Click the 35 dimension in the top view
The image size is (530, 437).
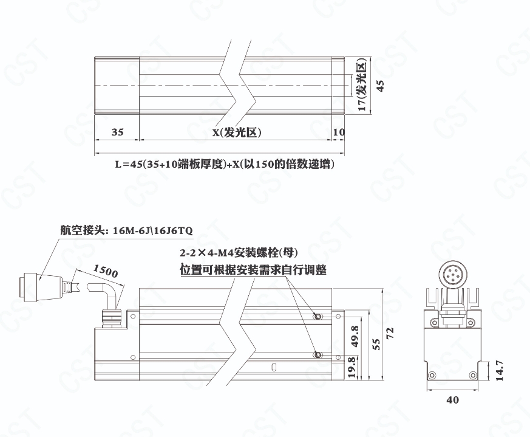(x=117, y=132)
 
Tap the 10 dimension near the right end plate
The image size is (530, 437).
(x=339, y=132)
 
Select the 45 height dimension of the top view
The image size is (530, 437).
(x=380, y=86)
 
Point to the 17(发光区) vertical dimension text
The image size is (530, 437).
(x=362, y=85)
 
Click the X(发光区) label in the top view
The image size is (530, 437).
(x=237, y=132)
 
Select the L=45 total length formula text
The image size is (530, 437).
(x=225, y=164)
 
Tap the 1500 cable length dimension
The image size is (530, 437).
(x=106, y=271)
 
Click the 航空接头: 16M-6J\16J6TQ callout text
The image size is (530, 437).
(x=126, y=230)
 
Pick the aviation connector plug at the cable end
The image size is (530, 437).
(x=41, y=287)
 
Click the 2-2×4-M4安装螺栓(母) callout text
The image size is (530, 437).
(x=239, y=252)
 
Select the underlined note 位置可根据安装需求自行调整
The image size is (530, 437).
(x=253, y=270)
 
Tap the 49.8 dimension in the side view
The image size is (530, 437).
(x=355, y=337)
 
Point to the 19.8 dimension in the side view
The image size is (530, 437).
(x=352, y=368)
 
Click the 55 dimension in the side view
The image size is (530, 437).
(x=376, y=344)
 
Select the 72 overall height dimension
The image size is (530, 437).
(x=390, y=334)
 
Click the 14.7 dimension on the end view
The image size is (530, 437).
(x=500, y=371)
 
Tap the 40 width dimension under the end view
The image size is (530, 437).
(x=453, y=400)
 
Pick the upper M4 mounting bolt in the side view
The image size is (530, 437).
(x=318, y=317)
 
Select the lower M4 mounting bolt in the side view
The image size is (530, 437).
(x=318, y=355)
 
